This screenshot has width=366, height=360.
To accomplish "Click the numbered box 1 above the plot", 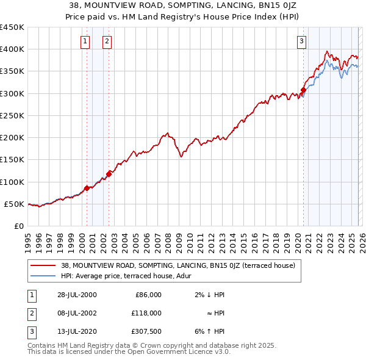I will point(84,41).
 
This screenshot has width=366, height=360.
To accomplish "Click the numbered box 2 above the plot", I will point(107,41).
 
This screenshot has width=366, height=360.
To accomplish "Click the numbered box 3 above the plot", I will point(301,41).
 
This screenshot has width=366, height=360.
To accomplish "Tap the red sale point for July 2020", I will point(303,90).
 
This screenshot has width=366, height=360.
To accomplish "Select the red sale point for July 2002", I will point(109,174).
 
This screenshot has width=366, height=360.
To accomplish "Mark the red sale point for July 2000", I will point(87,188).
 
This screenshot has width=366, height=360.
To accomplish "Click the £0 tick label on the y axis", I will point(18,226).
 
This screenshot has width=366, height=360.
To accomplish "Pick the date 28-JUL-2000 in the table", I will point(76,295).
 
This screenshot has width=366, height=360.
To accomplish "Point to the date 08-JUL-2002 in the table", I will point(76,312).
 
